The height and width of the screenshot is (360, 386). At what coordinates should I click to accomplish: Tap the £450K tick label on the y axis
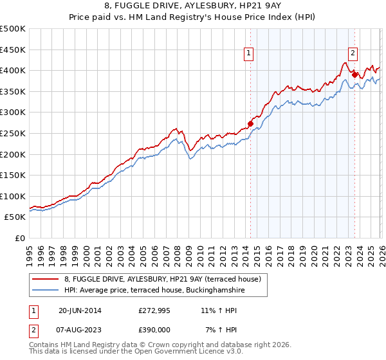[x=13, y=50]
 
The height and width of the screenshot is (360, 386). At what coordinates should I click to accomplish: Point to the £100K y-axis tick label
[x=13, y=196]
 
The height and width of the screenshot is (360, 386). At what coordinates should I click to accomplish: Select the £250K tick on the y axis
[x=13, y=133]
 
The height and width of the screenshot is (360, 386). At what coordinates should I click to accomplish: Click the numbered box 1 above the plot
[x=248, y=54]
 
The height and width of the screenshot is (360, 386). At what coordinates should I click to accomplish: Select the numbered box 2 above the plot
[x=353, y=54]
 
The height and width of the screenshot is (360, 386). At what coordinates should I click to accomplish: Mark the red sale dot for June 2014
[x=250, y=123]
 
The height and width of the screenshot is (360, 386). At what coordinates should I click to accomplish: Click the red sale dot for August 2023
[x=354, y=75]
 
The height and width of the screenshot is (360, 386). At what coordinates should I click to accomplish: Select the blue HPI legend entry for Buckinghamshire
[x=154, y=291]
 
